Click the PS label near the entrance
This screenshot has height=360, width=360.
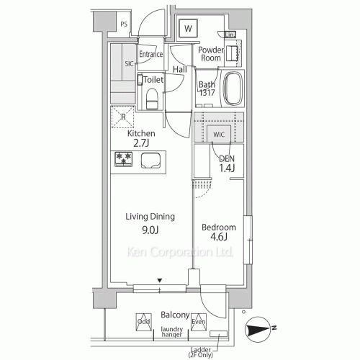coord(124,24)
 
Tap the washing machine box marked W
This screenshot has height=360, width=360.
coord(189,29)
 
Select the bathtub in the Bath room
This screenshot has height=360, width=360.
coord(233,88)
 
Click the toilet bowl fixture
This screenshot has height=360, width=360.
coord(151,99)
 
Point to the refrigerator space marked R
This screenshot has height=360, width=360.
coord(123,117)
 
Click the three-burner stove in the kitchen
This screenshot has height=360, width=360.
coord(123,159)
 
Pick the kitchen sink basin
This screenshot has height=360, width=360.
coord(150,161)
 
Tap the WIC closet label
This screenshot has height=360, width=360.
coord(219,135)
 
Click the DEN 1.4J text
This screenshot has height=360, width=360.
coord(227,163)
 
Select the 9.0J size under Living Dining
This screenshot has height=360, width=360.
coord(150,230)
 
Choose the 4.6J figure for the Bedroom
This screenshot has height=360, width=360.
coord(219,237)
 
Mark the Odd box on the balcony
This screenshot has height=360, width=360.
coord(143,322)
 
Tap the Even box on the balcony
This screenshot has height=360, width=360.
coord(199,322)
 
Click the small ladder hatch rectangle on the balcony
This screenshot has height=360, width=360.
coord(218,333)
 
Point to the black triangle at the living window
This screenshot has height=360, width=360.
coord(160,280)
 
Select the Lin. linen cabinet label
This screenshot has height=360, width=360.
coord(230,35)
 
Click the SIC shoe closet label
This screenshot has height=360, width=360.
coord(129,64)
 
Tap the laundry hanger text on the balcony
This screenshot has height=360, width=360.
coord(171,332)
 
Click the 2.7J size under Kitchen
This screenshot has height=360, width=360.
coord(141,143)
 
